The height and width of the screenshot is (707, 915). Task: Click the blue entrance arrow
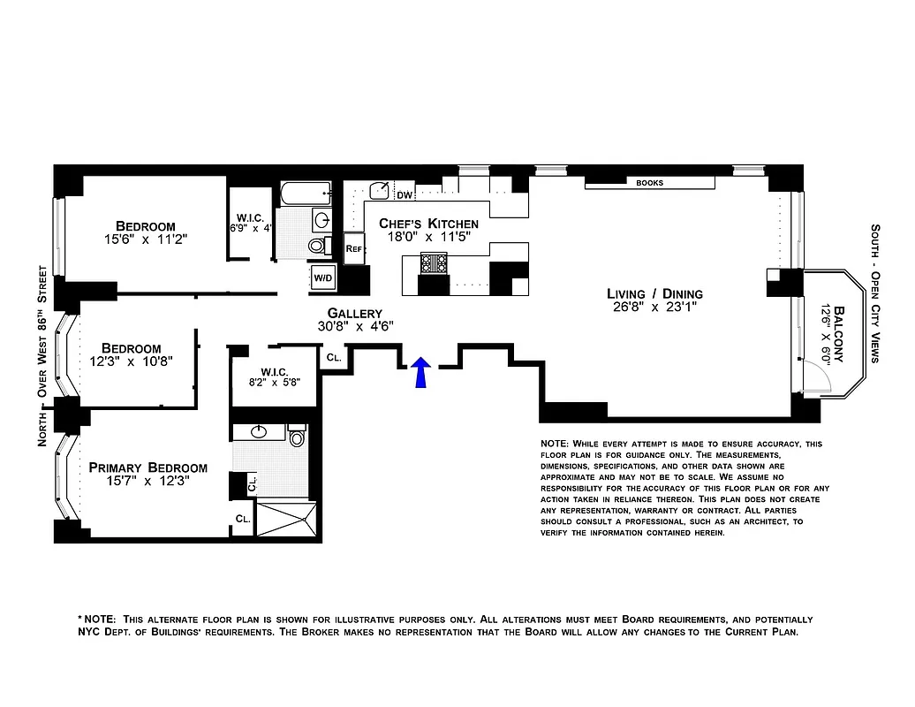click(421, 372)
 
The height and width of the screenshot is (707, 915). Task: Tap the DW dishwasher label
click(405, 195)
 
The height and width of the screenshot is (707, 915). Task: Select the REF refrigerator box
click(354, 249)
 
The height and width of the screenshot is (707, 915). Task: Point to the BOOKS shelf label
click(649, 183)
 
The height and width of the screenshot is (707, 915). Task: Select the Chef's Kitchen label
click(428, 224)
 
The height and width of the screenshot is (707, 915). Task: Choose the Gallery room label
click(354, 313)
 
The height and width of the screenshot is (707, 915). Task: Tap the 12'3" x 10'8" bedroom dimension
click(131, 361)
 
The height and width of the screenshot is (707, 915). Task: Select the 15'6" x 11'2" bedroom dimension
click(146, 239)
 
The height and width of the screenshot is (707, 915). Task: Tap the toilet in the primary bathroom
click(297, 436)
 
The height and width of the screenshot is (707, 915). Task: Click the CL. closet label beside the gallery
click(333, 358)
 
